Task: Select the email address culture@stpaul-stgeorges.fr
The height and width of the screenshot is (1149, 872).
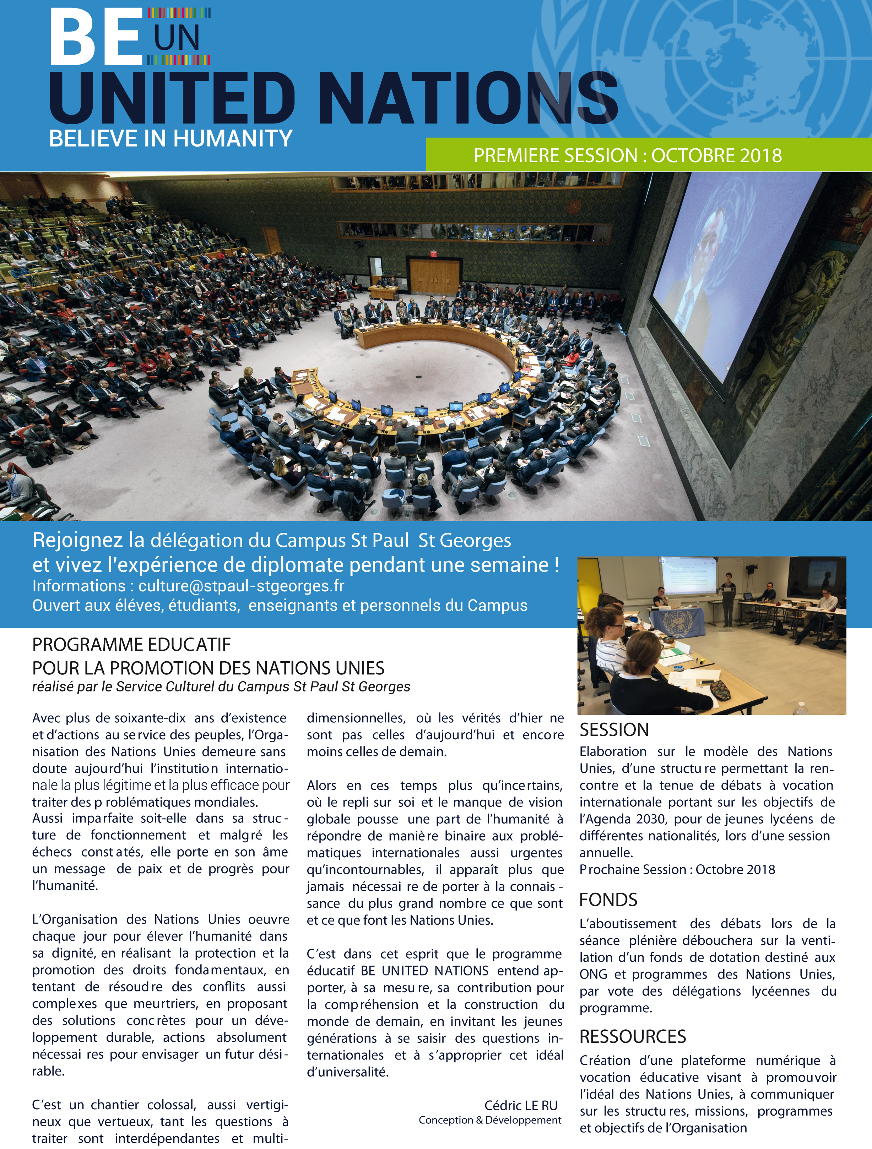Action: pos(241,586)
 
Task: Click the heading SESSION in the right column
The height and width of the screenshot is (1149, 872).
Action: pos(614,730)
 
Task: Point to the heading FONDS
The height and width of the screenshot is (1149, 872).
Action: pos(608,899)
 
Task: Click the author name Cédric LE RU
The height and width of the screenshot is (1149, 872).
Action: pos(521,1105)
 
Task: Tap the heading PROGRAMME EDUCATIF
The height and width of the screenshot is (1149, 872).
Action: pos(131,645)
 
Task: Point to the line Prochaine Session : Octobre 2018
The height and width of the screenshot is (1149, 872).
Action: pos(677,870)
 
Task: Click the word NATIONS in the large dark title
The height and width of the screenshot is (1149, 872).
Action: pos(470,99)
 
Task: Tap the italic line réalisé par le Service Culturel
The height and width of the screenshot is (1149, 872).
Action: pos(221,687)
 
